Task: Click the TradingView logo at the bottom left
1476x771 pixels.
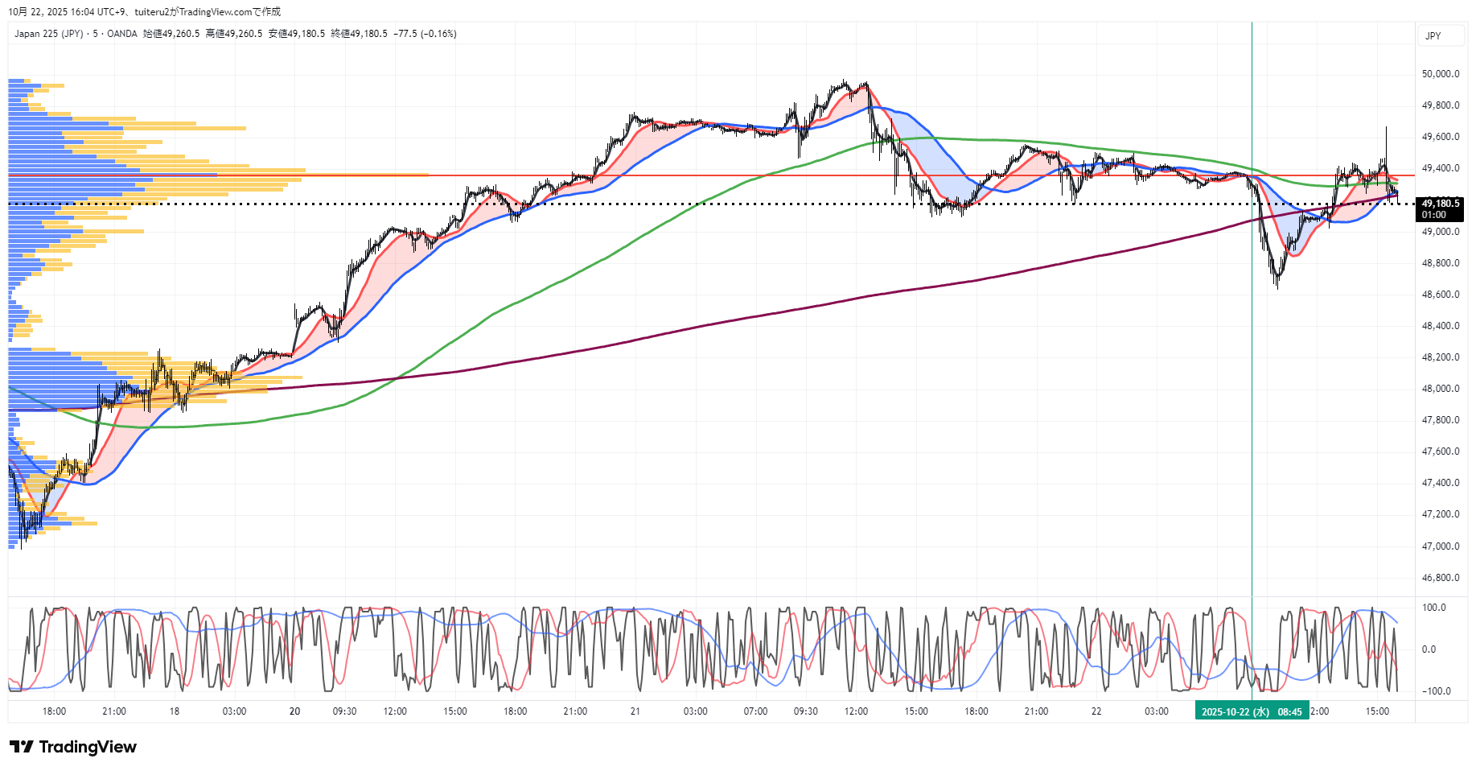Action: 73,747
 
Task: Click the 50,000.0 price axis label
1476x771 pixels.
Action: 1440,74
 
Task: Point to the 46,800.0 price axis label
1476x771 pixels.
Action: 1440,578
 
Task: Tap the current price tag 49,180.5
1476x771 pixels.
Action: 1440,204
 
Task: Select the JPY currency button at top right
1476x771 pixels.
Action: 1433,36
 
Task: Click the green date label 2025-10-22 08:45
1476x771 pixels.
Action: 1252,712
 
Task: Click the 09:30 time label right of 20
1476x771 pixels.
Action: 344,711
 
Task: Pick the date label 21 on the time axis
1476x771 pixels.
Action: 635,711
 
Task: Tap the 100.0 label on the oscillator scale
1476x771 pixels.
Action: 1434,608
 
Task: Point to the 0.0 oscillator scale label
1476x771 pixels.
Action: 1429,649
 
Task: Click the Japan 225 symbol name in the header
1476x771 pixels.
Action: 48,34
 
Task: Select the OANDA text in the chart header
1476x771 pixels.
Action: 122,34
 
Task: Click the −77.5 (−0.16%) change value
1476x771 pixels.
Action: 425,34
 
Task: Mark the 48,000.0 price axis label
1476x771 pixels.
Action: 1440,389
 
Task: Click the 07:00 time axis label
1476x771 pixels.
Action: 755,711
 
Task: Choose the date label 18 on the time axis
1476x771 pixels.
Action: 175,711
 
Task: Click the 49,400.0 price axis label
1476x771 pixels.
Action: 1440,168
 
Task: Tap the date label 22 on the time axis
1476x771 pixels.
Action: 1096,711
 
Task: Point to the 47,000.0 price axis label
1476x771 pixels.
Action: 1440,546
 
